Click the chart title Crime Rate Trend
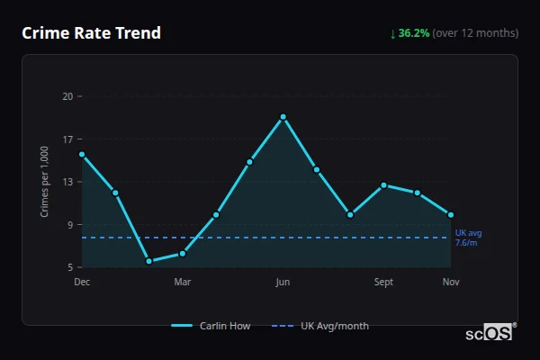pos(92,33)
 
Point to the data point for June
pos(283,117)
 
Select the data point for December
pos(82,154)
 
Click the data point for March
pos(183,253)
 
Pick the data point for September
pos(383,185)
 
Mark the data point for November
pos(451,215)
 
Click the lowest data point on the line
pos(148,261)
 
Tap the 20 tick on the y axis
pos(67,96)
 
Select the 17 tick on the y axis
pos(67,139)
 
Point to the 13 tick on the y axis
pos(67,182)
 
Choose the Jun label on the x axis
pos(283,283)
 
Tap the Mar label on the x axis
pos(183,283)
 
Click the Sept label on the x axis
pos(383,283)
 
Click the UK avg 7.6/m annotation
pos(468,238)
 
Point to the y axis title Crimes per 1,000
pos(44,182)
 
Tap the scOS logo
pos(490,333)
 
